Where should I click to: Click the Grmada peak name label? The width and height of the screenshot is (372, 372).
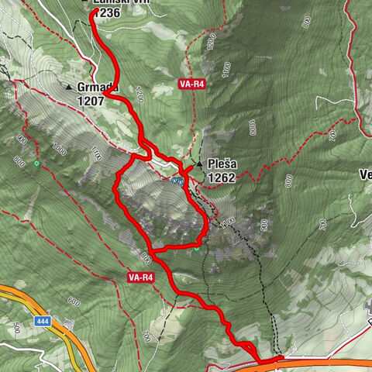point(95,87)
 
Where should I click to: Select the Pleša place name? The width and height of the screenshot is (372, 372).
point(221,164)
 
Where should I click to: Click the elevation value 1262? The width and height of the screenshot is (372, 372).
point(221,177)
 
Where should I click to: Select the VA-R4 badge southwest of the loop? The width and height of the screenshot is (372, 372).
point(140,277)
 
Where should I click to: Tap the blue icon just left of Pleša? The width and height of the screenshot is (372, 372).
point(178,181)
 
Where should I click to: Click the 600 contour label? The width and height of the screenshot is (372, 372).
point(73,301)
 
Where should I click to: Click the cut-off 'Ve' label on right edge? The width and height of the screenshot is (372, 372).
point(366,174)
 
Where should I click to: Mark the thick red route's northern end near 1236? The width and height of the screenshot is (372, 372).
point(93,15)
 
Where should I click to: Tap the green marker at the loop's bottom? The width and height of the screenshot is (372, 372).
point(197,248)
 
